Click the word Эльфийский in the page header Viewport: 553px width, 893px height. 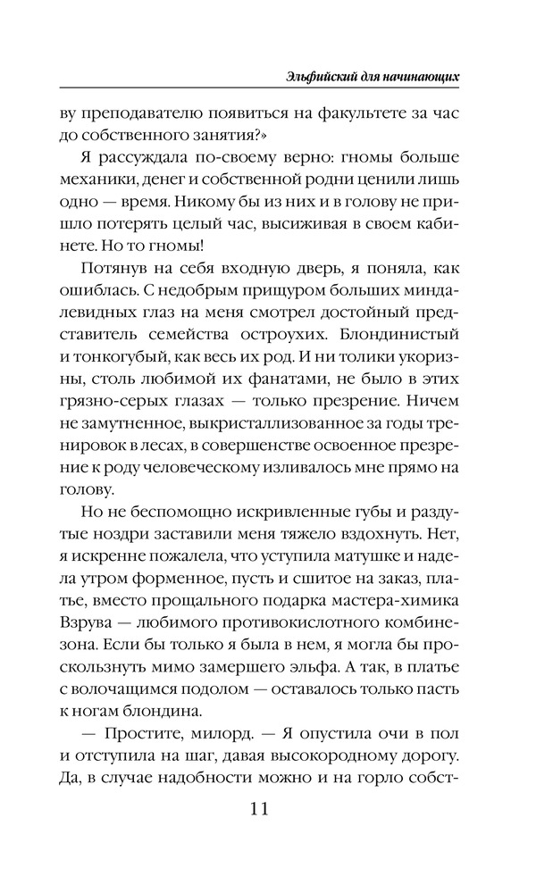click(x=314, y=77)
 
